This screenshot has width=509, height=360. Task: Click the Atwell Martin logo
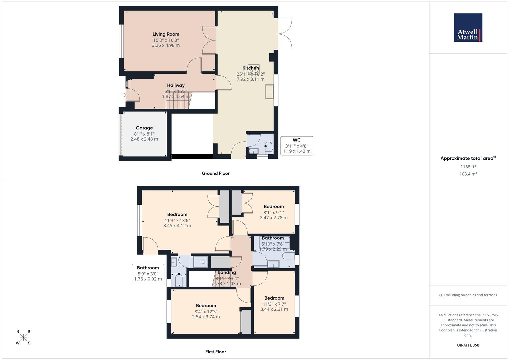[x=468, y=27]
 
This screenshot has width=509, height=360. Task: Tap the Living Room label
[x=166, y=34]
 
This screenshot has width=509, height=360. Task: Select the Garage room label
[x=144, y=128]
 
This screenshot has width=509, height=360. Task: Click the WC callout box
[x=296, y=146]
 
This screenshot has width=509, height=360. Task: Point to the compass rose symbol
[x=23, y=337]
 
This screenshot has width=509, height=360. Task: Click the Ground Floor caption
[x=215, y=173]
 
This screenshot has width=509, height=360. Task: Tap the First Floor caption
[x=215, y=352]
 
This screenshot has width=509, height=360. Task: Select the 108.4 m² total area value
[x=468, y=174]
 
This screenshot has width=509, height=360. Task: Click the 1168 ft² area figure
[x=468, y=167]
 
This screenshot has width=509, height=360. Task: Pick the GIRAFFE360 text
[x=468, y=345]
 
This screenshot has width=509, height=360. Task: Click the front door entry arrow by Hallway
[x=124, y=95]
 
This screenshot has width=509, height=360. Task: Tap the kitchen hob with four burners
[x=253, y=69]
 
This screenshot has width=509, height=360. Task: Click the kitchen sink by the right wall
[x=269, y=92]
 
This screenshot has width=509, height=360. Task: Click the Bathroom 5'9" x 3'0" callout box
[x=148, y=273]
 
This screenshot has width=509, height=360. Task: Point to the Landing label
[x=227, y=272]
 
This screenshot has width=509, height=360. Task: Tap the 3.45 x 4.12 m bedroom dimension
[x=177, y=226]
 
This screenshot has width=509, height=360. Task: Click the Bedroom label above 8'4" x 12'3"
[x=206, y=306]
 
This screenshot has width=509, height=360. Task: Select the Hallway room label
[x=176, y=85]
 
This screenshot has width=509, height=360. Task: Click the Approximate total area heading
[x=468, y=158]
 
